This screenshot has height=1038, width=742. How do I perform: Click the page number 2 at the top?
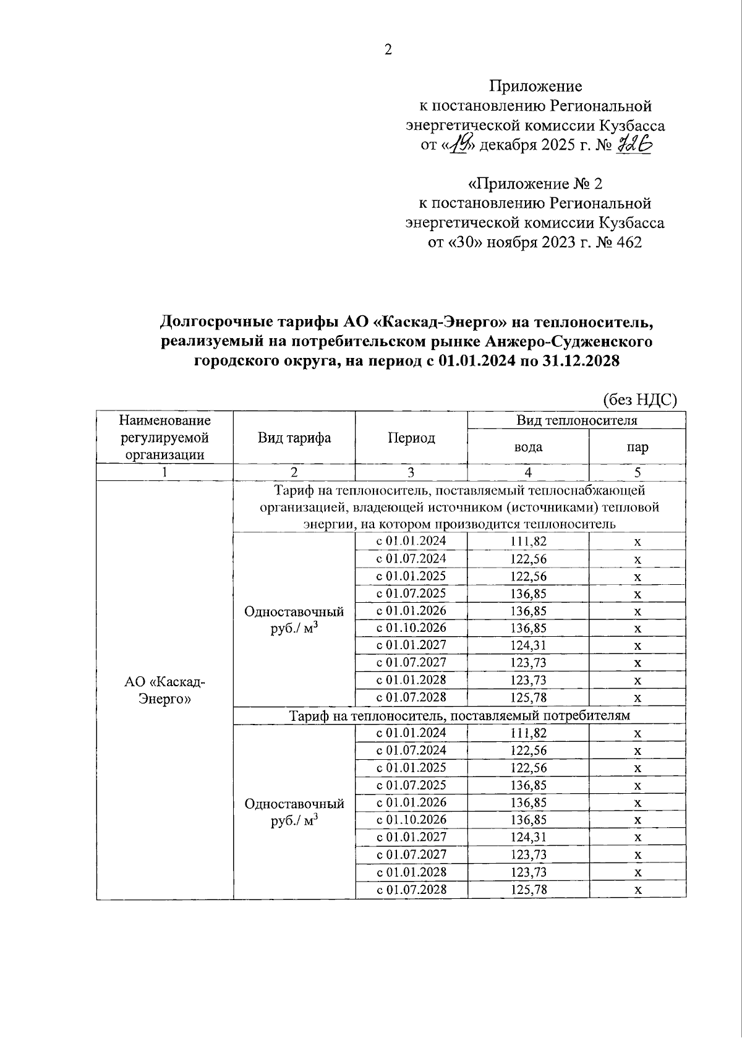coord(388,50)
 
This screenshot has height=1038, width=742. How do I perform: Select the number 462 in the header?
coord(629,242)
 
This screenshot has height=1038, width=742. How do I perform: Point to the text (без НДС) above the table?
coord(640,400)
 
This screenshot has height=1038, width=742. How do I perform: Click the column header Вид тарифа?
coord(294,438)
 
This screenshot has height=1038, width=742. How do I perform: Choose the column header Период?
coord(411,438)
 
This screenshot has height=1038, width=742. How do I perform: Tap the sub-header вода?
coord(528,447)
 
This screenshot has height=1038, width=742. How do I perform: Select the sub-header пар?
coord(637,447)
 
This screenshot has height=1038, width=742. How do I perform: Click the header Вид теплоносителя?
coord(576,420)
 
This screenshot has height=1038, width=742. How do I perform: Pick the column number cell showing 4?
coord(528,472)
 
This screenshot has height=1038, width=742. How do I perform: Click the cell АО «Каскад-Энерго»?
coord(164,690)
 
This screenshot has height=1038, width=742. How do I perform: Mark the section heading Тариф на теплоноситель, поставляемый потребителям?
coord(459,715)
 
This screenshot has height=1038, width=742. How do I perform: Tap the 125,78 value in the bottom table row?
coord(528,890)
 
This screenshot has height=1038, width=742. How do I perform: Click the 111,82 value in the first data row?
coord(528,542)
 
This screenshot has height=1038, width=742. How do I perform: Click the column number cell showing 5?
coord(637,472)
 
